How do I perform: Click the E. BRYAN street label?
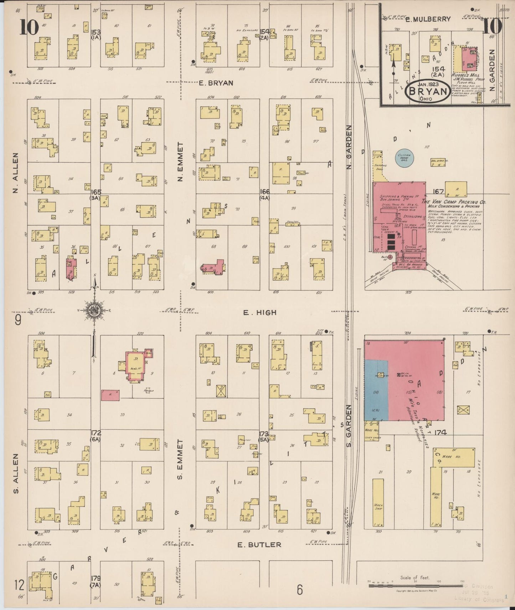pyautogui.click(x=216, y=83)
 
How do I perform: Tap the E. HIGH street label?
pyautogui.click(x=259, y=312)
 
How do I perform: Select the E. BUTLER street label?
pyautogui.click(x=259, y=545)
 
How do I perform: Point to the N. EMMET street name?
pyautogui.click(x=180, y=162)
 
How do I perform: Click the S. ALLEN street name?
pyautogui.click(x=16, y=473)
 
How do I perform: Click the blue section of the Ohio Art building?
pyautogui.click(x=376, y=391)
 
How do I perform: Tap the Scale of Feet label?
pyautogui.click(x=415, y=578)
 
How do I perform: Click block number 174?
pyautogui.click(x=441, y=433)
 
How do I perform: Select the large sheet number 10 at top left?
pyautogui.click(x=29, y=27)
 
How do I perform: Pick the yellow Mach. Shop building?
pyautogui.click(x=378, y=502)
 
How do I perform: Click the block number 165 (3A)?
pyautogui.click(x=96, y=194)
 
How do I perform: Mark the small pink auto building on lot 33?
pyautogui.click(x=110, y=395)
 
